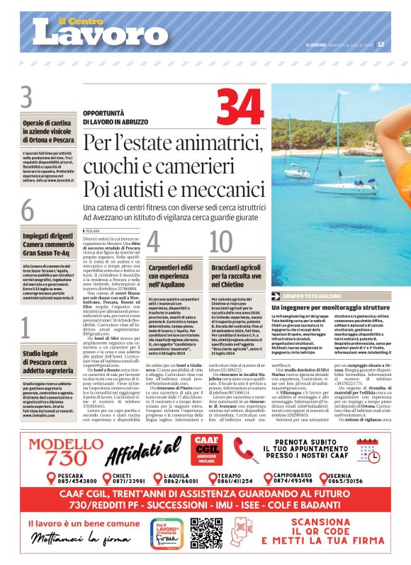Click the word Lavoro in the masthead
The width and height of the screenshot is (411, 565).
coord(99,31)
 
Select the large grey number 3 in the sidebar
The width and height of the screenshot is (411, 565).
coord(27,96)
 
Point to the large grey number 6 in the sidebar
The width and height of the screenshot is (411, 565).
coord(27,211)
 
